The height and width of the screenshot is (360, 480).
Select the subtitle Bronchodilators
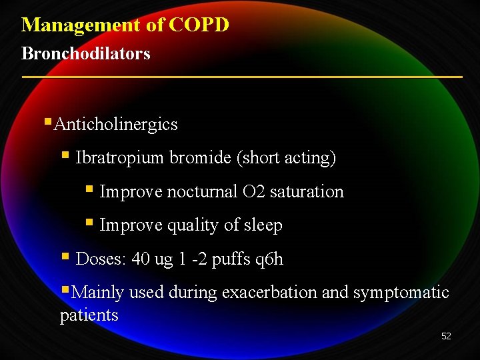pyautogui.click(x=86, y=53)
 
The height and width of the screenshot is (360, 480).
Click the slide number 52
pyautogui.click(x=446, y=336)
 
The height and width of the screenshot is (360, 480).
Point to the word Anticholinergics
pyautogui.click(x=116, y=125)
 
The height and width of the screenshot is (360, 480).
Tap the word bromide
pyautogui.click(x=199, y=158)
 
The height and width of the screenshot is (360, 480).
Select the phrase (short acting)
pyautogui.click(x=286, y=158)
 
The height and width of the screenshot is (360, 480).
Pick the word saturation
pyautogui.click(x=307, y=192)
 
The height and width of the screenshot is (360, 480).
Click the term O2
pyautogui.click(x=254, y=192)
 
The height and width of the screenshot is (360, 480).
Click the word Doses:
pyautogui.click(x=101, y=259)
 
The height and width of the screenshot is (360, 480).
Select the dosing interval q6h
pyautogui.click(x=269, y=259)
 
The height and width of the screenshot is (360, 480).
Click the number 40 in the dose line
pyautogui.click(x=141, y=259)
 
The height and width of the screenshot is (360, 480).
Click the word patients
pyautogui.click(x=89, y=315)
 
